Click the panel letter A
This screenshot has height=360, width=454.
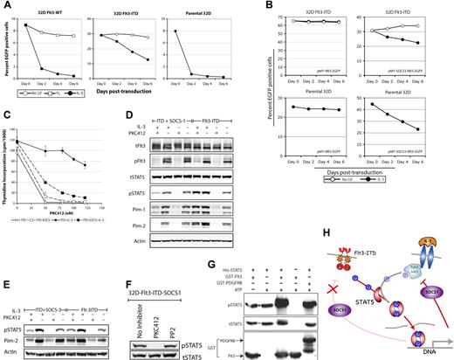pos(5,7)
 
